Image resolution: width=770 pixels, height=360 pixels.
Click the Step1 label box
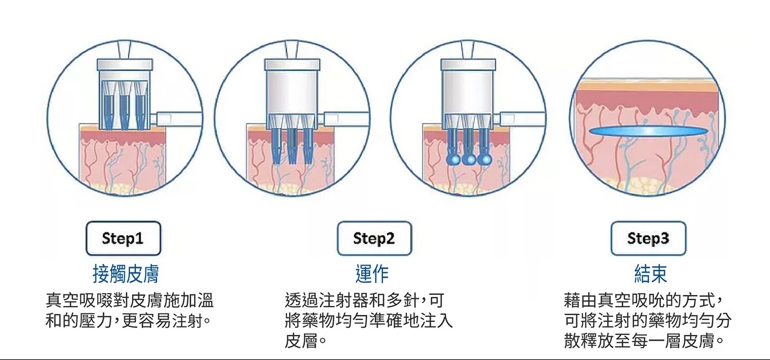click(x=123, y=239)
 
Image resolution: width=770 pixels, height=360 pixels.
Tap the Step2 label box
click(x=374, y=239)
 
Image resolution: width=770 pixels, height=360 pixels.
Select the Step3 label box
click(x=648, y=239)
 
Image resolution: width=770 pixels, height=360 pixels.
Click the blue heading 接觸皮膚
click(x=126, y=274)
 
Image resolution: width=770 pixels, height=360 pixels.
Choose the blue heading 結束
click(x=651, y=274)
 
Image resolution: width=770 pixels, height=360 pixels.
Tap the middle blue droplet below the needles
click(x=469, y=159)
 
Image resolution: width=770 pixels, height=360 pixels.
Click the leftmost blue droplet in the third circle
click(x=452, y=159)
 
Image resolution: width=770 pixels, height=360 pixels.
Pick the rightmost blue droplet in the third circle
click(x=485, y=159)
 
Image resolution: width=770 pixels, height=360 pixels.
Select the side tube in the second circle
click(x=346, y=119)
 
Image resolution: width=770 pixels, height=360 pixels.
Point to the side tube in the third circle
click(x=521, y=119)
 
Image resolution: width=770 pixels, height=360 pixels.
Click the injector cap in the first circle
click(x=125, y=64)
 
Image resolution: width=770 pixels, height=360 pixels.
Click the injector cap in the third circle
click(x=469, y=64)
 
